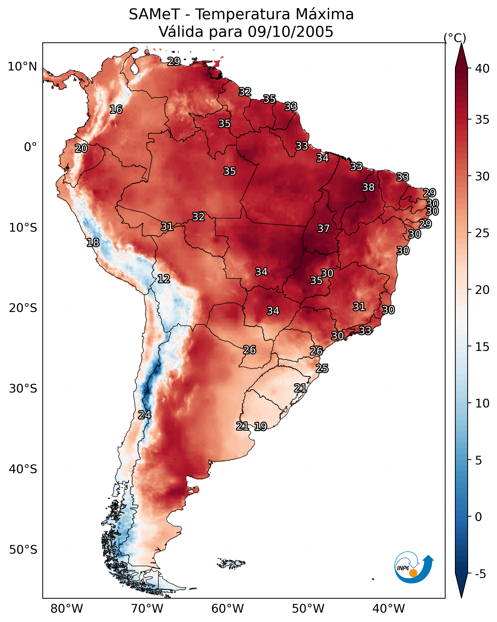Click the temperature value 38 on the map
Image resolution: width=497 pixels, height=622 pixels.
368,187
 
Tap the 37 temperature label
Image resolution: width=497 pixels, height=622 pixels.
323,228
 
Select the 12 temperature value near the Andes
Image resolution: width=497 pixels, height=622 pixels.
164,279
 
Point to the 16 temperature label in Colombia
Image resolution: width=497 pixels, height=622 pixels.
116,109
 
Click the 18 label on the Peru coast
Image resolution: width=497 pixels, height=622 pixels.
93,243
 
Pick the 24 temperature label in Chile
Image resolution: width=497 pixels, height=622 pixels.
144,415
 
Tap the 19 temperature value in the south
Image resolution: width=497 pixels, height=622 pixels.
260,426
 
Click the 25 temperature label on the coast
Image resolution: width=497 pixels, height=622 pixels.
322,368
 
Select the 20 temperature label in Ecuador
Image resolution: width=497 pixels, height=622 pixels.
81,149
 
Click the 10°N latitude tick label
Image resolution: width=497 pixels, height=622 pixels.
22,67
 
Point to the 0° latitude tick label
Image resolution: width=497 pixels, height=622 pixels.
30,147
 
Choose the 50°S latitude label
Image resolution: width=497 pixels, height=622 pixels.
23,550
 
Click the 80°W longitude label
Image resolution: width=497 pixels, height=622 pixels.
67,609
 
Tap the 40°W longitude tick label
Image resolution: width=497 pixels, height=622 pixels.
389,609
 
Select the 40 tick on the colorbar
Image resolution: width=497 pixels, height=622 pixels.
482,69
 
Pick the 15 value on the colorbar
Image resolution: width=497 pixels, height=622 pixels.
482,347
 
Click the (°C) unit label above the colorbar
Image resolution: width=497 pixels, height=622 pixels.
455,38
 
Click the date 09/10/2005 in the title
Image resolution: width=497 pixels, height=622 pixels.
290,32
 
